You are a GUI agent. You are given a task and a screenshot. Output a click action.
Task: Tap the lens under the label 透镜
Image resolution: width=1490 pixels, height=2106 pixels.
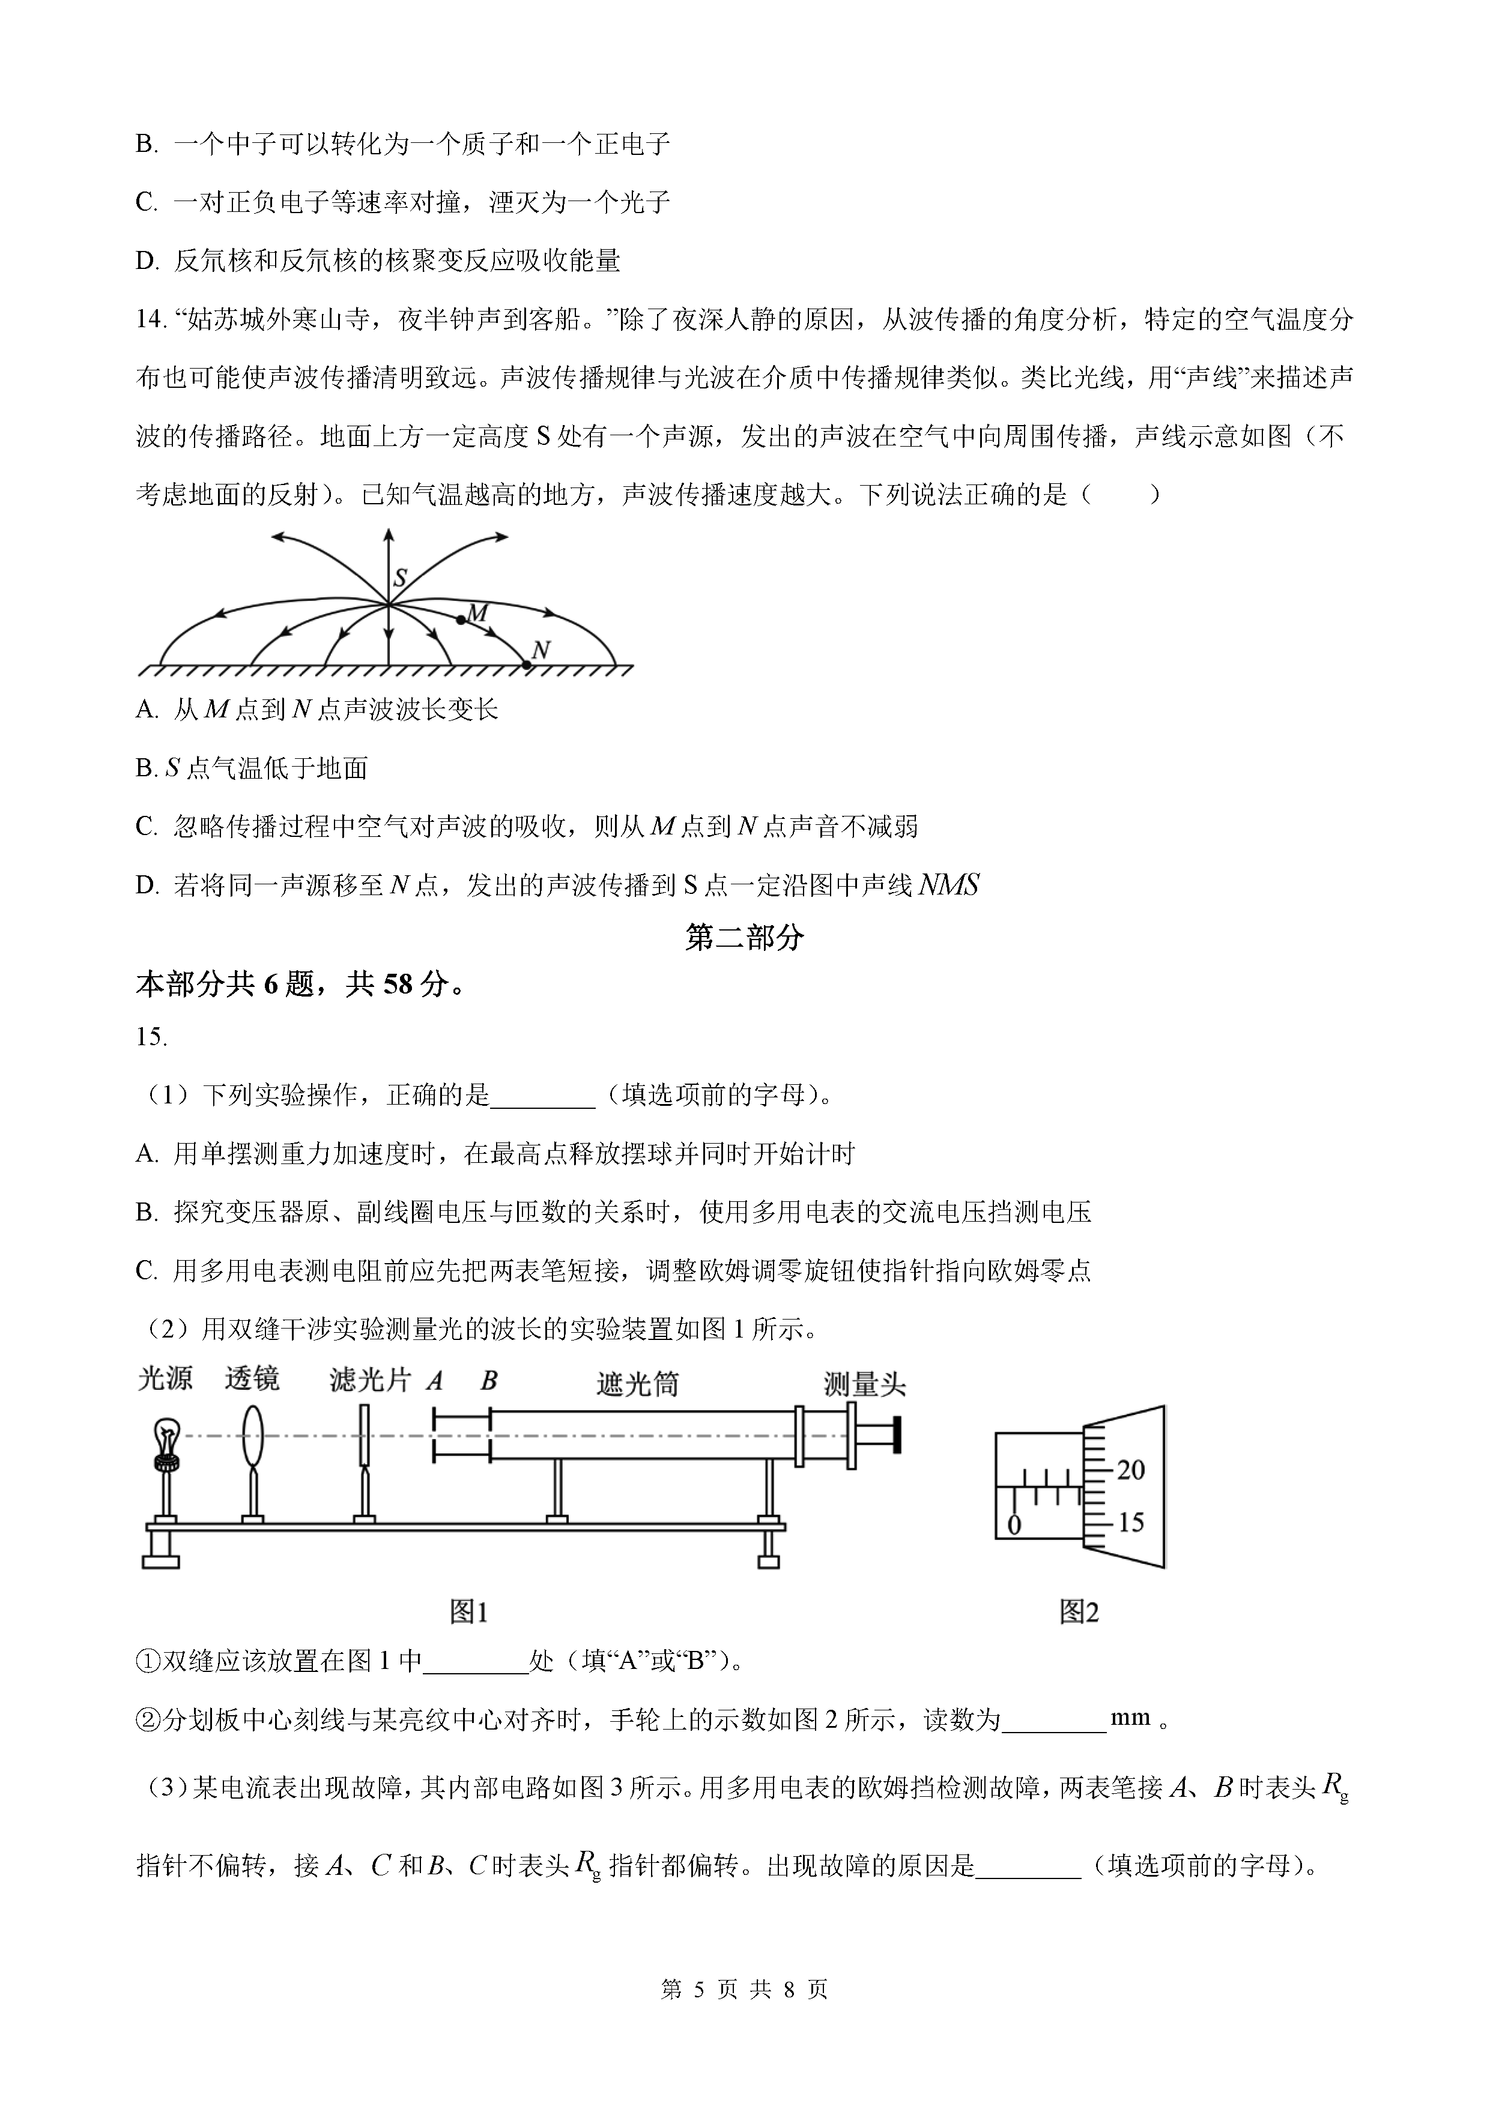252,1437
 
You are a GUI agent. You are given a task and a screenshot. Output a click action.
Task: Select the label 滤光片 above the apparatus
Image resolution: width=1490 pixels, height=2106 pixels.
370,1380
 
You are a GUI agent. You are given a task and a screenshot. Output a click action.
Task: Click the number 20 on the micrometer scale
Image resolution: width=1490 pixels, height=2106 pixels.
1130,1470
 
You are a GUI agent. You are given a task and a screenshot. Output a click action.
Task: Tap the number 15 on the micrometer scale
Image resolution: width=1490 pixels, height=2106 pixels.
1130,1522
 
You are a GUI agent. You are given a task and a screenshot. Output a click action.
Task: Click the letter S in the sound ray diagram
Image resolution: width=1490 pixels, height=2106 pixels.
400,578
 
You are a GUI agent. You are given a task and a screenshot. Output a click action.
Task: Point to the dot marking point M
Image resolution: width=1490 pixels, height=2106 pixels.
461,620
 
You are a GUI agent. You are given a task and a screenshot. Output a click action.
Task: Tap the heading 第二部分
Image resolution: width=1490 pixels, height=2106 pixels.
744,937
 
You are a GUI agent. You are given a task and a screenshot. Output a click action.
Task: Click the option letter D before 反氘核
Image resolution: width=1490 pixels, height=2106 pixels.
147,261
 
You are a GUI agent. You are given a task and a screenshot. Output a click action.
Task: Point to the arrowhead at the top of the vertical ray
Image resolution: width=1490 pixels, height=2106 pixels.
389,534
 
